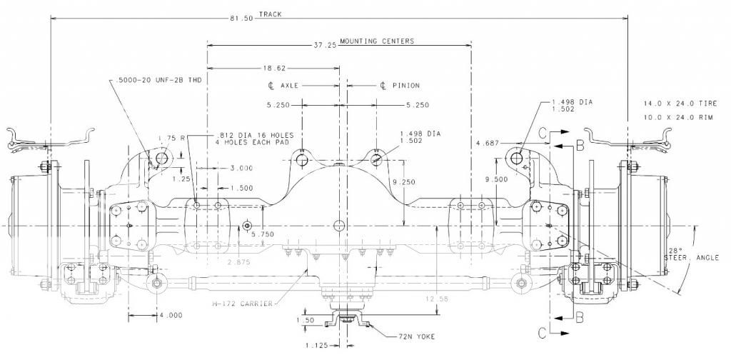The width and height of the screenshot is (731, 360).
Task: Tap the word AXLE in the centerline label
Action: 289,86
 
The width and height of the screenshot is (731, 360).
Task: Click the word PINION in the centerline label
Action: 405,86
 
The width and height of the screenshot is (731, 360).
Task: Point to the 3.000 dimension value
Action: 241,169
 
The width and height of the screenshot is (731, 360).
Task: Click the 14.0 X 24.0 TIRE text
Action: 673,104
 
